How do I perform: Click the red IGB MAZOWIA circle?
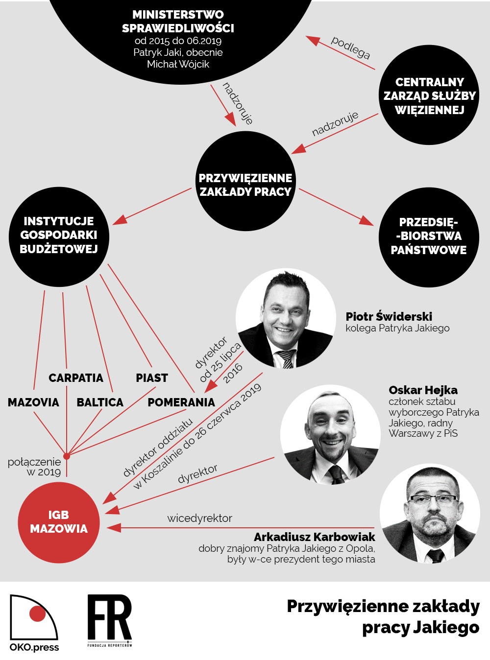tap(59, 522)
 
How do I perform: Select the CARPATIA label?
tap(76, 378)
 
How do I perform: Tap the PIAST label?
tap(152, 378)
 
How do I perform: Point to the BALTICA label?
tap(100, 402)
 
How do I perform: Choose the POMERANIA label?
tap(181, 402)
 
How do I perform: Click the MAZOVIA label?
tap(33, 402)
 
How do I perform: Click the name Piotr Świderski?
tap(389, 316)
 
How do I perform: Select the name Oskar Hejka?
tap(423, 390)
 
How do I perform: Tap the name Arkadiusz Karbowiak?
tap(314, 537)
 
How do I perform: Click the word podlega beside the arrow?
tap(351, 47)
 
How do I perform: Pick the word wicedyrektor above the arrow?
tap(199, 519)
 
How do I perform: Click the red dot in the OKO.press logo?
tap(38, 613)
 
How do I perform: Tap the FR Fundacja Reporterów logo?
tap(110, 621)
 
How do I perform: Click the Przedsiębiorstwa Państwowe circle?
tap(429, 237)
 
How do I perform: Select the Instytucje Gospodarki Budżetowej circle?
tap(59, 237)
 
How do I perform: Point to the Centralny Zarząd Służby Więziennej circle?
tap(429, 95)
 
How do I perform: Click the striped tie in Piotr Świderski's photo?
tap(287, 359)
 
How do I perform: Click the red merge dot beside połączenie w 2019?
tap(67, 456)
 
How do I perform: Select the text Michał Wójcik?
tap(178, 64)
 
